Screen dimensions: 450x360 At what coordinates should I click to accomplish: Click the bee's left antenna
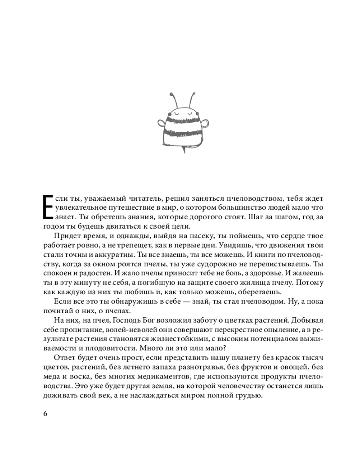tap(173, 99)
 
